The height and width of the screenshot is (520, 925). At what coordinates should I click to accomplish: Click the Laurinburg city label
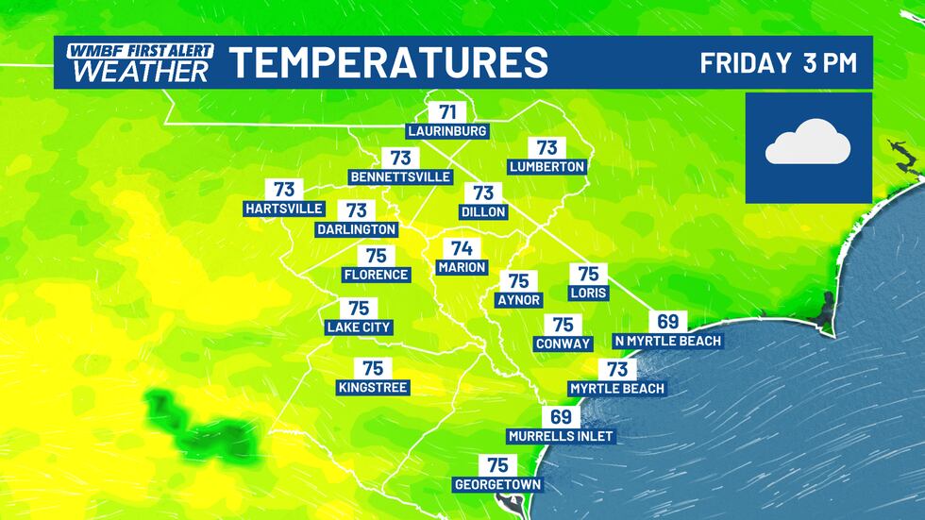click(x=446, y=130)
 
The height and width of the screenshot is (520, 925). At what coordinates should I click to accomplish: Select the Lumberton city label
click(x=547, y=166)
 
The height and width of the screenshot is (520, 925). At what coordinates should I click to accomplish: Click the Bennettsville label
click(x=400, y=176)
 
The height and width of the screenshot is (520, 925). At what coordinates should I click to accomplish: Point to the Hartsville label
click(x=284, y=208)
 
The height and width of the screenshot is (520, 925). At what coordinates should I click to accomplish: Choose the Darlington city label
click(x=356, y=228)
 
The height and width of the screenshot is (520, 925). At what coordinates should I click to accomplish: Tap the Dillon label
click(x=484, y=211)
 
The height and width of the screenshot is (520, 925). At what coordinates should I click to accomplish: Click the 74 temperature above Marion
click(x=462, y=249)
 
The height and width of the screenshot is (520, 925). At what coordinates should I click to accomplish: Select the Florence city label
click(x=377, y=275)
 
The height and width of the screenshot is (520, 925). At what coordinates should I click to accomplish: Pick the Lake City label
click(x=358, y=327)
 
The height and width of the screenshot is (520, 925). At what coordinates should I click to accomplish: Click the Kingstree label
click(x=374, y=387)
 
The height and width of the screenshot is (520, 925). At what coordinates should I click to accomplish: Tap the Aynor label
click(x=518, y=299)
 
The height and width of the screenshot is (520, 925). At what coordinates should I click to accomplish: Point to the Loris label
click(x=588, y=293)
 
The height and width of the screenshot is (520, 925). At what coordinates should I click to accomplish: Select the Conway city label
click(x=563, y=344)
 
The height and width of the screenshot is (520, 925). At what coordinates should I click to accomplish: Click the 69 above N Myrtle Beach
click(x=667, y=322)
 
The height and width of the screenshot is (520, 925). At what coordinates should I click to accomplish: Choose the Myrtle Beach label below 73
click(x=617, y=388)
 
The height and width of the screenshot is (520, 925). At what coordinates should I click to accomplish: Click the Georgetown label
click(x=497, y=485)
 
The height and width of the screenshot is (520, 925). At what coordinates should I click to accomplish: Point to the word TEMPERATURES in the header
click(x=390, y=63)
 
